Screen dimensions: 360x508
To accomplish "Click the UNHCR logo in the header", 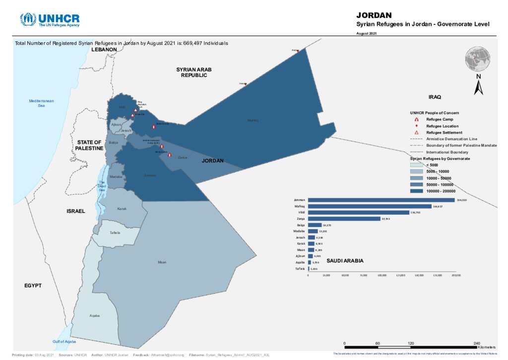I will pos(50,19).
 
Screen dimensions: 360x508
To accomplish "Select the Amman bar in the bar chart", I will pos(381,200).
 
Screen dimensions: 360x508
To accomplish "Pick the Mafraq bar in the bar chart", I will pos(370,206).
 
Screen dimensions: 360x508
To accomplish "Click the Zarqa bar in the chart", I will pos(344,218).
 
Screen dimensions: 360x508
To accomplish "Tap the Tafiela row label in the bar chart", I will pos(300,269).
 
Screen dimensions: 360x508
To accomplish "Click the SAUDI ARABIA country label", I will pos(345,261).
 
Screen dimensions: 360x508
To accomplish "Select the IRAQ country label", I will pos(435,97).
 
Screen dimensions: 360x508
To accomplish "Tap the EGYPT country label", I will pos(33,286).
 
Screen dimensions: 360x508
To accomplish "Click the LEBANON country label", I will pos(104,50).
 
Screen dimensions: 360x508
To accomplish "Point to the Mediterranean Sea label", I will pos(42,103).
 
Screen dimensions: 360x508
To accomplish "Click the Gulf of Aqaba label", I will pos(64,342).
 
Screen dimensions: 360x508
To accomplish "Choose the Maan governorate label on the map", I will pos(162,262).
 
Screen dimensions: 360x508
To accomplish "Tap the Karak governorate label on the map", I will pos(122,209).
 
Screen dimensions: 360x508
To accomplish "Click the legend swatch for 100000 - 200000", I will pos(416,191).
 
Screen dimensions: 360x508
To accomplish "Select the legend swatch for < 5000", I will pos(416,164).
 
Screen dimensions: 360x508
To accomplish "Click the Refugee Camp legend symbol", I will pos(416,120).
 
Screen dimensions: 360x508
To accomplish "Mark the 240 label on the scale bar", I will pos(477,344).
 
